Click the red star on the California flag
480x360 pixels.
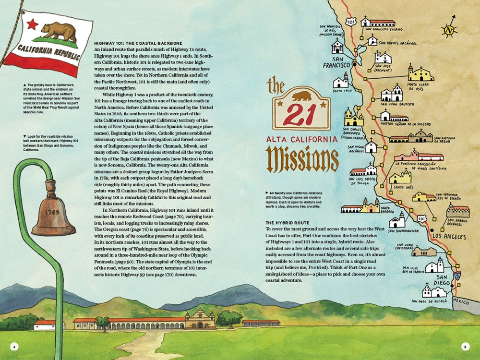[x=32, y=24]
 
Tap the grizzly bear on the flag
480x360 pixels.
[x=58, y=31]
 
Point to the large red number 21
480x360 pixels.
[x=301, y=114]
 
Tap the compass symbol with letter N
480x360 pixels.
[x=449, y=29]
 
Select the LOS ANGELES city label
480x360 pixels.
[x=448, y=237]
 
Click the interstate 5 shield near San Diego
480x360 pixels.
[x=458, y=276]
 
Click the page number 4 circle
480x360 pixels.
[x=14, y=347]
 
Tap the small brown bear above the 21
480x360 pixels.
[x=301, y=96]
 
